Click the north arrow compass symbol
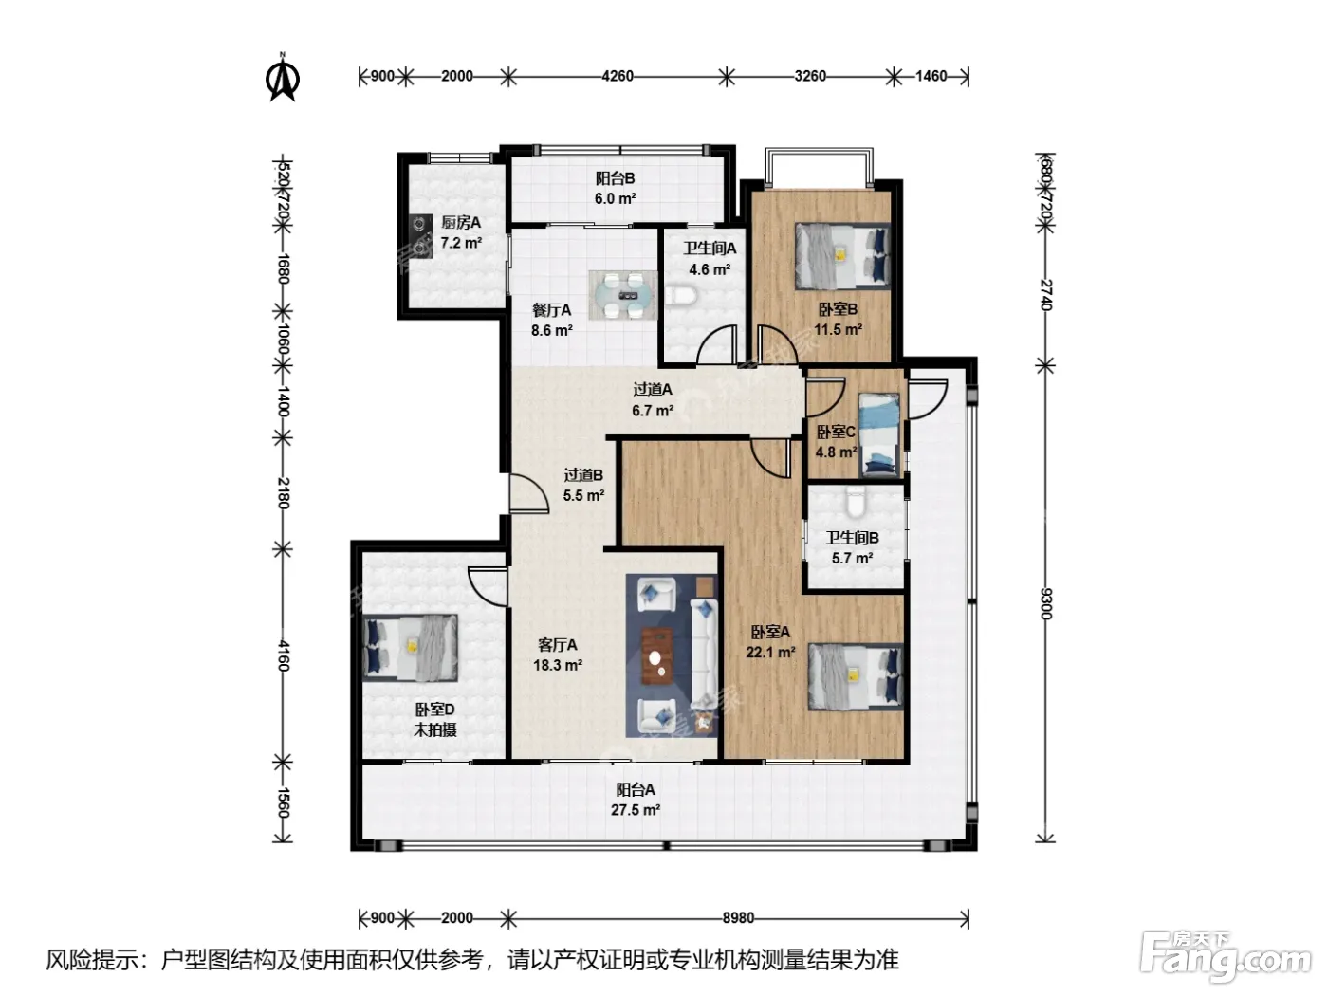(282, 78)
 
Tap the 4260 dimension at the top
(618, 76)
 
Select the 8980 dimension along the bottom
(738, 918)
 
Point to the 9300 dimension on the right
(1046, 603)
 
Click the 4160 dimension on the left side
(283, 655)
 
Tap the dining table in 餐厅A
(623, 295)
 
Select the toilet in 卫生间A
(681, 296)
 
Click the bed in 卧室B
(842, 256)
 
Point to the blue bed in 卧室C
(879, 434)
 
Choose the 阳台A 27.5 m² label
(636, 800)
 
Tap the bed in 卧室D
(411, 648)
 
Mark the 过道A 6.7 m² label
(653, 399)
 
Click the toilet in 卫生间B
(856, 502)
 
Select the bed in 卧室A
(856, 676)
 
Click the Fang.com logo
(1225, 957)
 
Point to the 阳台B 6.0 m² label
(616, 188)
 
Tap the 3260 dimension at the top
(810, 76)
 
